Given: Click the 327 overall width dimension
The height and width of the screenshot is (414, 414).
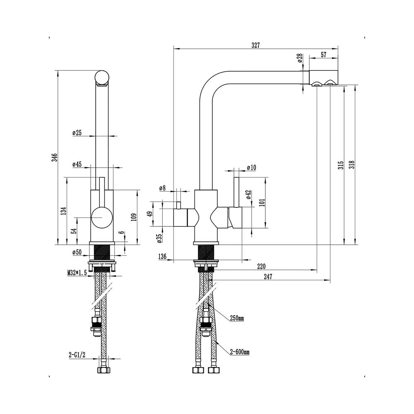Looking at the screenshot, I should [255, 46].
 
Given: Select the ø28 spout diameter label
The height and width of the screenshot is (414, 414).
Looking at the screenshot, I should [300, 58].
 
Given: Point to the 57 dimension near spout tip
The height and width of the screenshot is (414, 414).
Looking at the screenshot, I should [323, 54].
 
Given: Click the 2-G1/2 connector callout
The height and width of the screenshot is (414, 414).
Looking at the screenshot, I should [77, 355].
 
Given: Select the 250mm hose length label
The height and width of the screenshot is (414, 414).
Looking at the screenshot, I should [237, 318].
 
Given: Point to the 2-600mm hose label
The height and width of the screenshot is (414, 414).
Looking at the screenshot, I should [240, 352].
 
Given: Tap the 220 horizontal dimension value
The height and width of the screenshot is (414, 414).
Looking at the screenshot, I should [261, 266].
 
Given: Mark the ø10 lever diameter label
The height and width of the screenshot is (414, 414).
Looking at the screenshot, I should [251, 167].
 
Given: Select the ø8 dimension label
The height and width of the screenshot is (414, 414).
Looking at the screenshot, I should [162, 188].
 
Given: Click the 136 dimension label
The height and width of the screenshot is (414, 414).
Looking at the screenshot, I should [162, 257].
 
